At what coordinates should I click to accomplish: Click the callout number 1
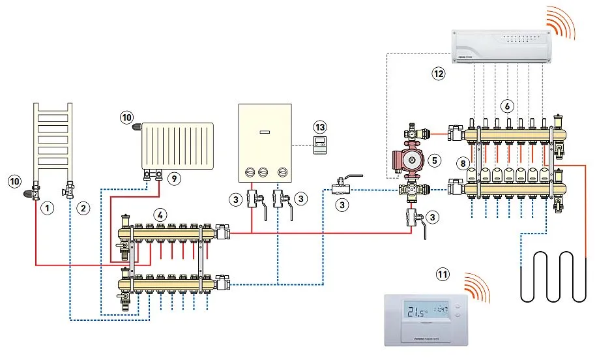[x=46, y=209]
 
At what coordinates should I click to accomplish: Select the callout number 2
[x=82, y=209]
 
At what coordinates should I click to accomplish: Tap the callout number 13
[x=318, y=125]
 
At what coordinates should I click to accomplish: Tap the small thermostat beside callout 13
[x=319, y=145]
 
